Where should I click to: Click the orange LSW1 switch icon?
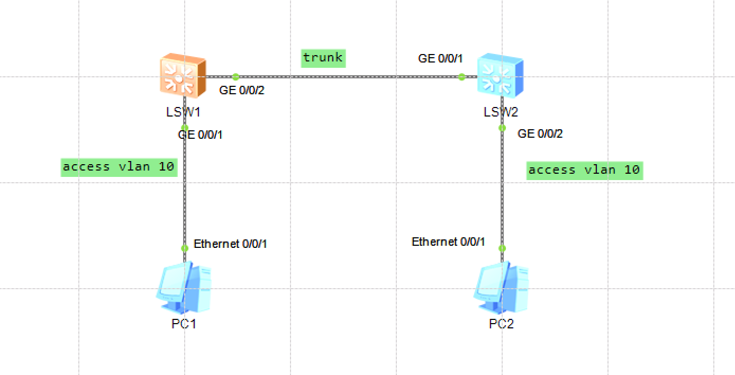click(x=183, y=76)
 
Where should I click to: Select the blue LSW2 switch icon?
click(x=500, y=76)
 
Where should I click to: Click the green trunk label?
click(x=323, y=58)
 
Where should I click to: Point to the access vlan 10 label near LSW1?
click(x=119, y=167)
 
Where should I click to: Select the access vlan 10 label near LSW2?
click(x=584, y=170)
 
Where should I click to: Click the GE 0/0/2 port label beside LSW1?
click(x=241, y=91)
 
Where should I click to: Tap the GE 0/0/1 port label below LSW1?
click(x=200, y=135)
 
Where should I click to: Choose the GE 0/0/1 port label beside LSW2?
click(x=440, y=59)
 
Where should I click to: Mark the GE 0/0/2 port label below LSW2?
click(x=540, y=134)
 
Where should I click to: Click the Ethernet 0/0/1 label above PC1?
click(x=230, y=244)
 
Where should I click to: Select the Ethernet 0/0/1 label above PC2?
click(x=448, y=242)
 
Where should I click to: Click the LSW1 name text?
click(x=183, y=112)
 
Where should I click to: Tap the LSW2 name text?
click(x=501, y=112)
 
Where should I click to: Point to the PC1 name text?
click(x=184, y=324)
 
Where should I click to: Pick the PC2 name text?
click(x=501, y=324)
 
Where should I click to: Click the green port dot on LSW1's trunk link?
click(x=235, y=77)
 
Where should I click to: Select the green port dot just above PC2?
click(x=502, y=248)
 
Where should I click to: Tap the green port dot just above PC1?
click(x=185, y=248)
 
